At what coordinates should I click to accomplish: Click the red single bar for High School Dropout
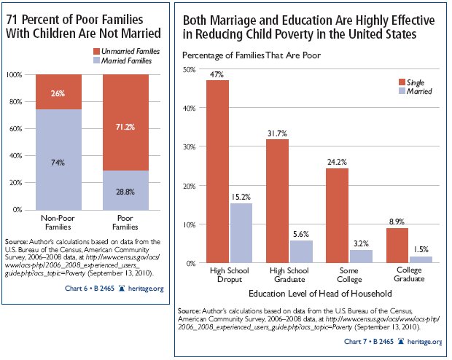tap(217, 171)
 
